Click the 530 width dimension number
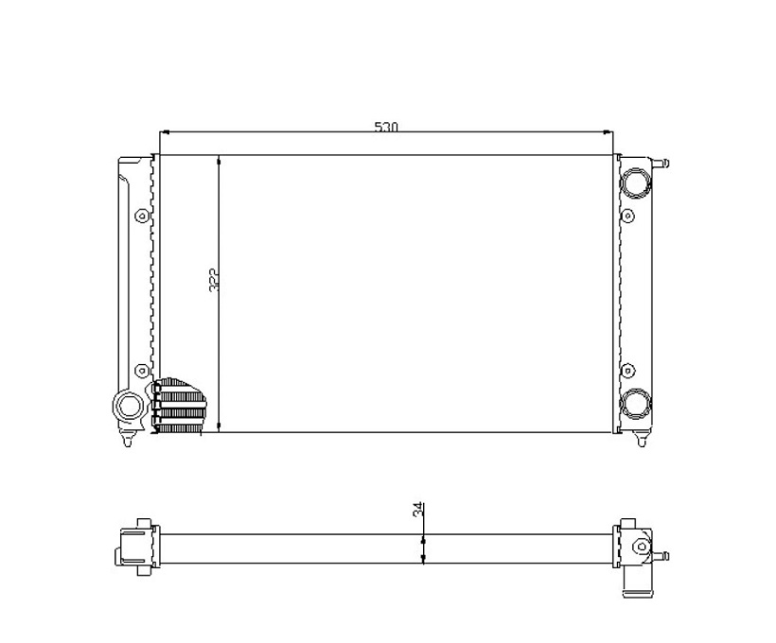pos(385,127)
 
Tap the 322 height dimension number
pos(214,281)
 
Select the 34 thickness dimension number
pos(418,510)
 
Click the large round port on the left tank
pos(130,406)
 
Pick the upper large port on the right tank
pos(636,182)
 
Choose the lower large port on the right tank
pos(636,403)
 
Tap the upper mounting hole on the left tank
pos(142,216)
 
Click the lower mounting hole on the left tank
pos(142,370)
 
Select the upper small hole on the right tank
pos(627,216)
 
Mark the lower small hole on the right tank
pos(627,370)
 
